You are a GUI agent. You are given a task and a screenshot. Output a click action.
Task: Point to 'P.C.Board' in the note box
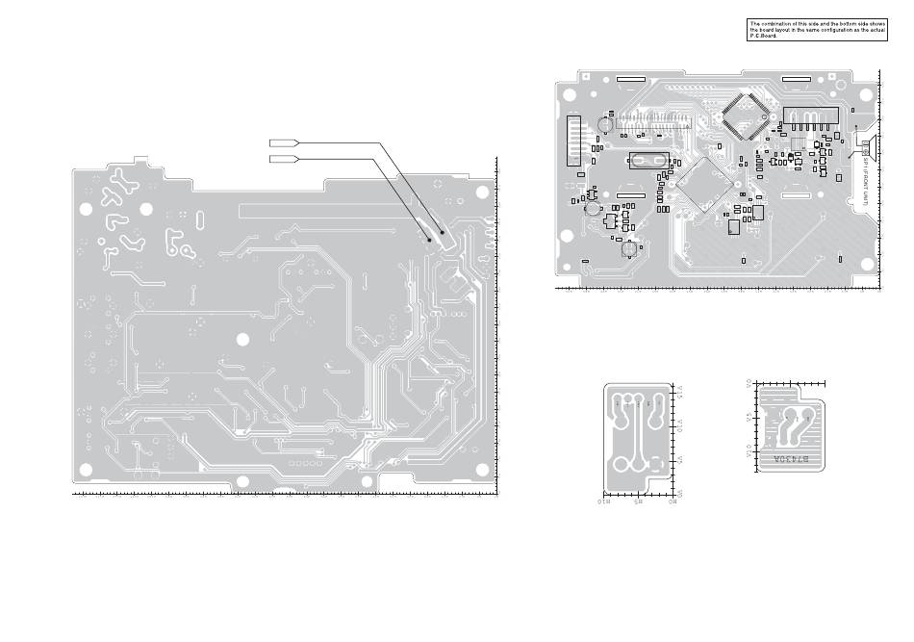pos(763,36)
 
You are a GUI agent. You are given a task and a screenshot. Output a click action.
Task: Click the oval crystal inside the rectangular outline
pos(648,160)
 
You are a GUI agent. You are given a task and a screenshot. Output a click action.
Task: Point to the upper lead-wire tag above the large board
pos(285,143)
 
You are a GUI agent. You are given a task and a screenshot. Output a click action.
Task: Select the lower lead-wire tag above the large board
pos(285,159)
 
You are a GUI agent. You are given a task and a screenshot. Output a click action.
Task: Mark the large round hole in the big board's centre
pos(242,338)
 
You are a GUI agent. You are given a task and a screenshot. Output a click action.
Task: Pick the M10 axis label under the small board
pos(605,501)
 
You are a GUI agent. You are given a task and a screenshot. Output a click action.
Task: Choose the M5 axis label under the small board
pos(638,501)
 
